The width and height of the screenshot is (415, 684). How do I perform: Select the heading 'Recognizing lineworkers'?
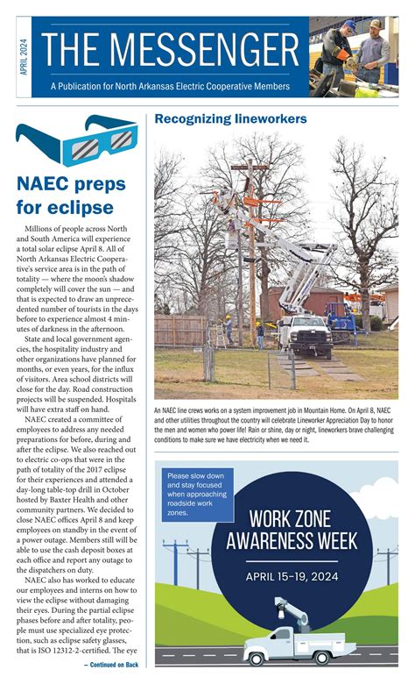click(229, 118)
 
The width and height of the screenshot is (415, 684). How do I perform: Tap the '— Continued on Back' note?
click(111, 665)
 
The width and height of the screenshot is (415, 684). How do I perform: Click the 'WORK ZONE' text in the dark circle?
click(278, 518)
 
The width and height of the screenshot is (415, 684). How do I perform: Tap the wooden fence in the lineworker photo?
click(179, 330)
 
